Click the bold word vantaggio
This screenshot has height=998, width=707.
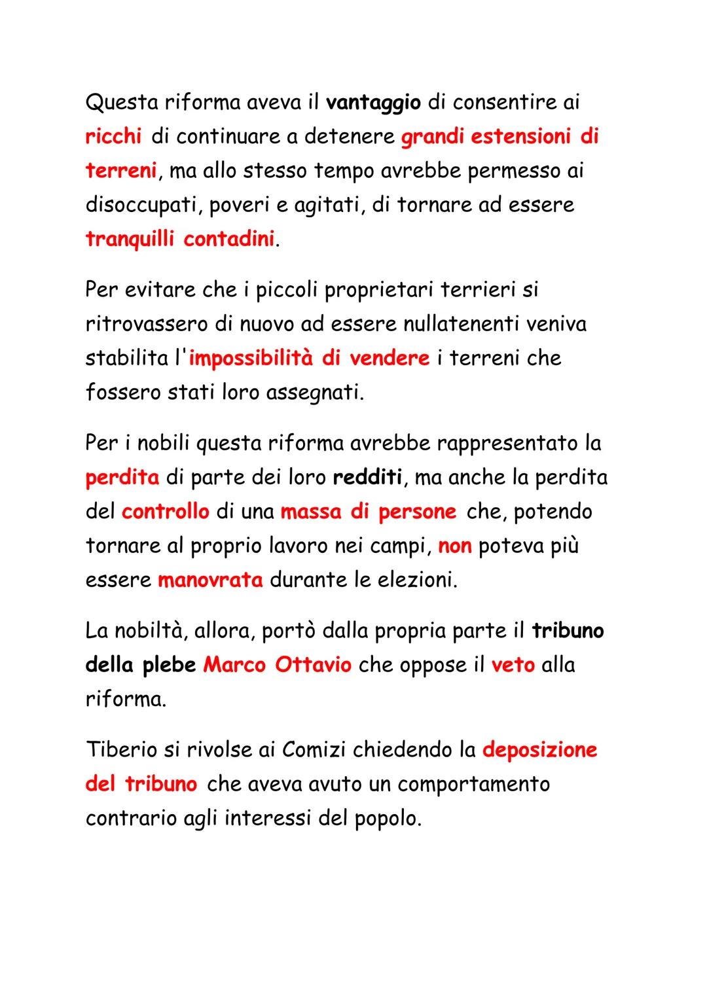tap(373, 103)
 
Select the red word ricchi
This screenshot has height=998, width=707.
tap(113, 136)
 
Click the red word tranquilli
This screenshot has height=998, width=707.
tap(129, 239)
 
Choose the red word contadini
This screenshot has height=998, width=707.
tap(228, 239)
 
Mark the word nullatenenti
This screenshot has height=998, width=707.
tap(449, 324)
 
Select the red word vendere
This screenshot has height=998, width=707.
tap(389, 358)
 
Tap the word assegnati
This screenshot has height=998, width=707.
tap(314, 392)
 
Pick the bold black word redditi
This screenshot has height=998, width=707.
tap(367, 477)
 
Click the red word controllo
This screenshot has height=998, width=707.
tap(165, 511)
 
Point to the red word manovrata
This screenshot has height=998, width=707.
tap(209, 580)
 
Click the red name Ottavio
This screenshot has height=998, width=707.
tap(313, 665)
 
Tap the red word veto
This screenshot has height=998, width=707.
tap(513, 665)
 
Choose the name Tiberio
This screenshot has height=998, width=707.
tap(121, 750)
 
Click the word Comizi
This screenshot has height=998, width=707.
tap(314, 750)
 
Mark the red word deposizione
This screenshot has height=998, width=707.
tap(539, 750)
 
